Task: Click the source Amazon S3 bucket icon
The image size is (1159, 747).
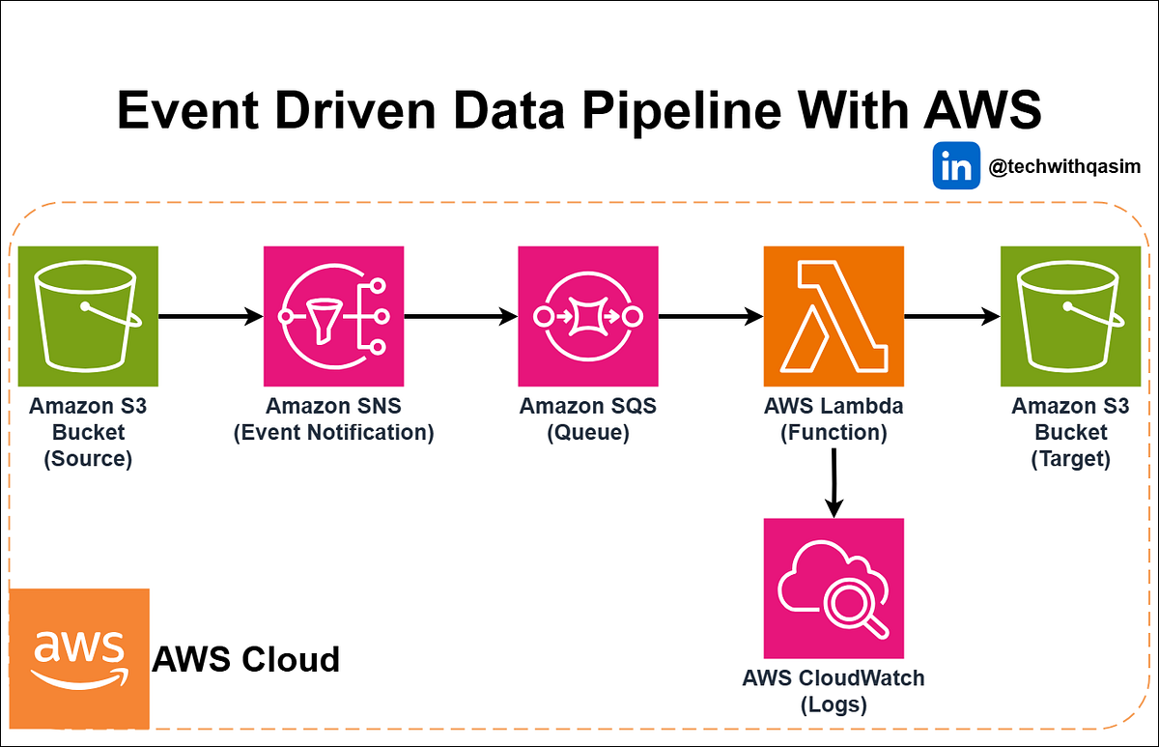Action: pyautogui.click(x=88, y=316)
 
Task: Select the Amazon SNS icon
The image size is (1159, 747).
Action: pyautogui.click(x=333, y=316)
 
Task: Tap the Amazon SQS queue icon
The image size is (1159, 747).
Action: pyautogui.click(x=587, y=316)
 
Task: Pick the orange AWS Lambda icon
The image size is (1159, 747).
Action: pyautogui.click(x=834, y=316)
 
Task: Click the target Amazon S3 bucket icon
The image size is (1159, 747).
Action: pyautogui.click(x=1070, y=316)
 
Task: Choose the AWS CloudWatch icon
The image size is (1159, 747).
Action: pyautogui.click(x=834, y=588)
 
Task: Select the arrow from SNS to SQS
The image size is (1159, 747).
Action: pyautogui.click(x=461, y=316)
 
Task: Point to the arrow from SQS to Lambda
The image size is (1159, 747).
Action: pyautogui.click(x=711, y=316)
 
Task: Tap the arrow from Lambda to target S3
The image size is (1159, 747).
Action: pyautogui.click(x=951, y=316)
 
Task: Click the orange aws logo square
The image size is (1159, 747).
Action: pyautogui.click(x=79, y=658)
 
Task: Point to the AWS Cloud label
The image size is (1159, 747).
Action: pyautogui.click(x=246, y=659)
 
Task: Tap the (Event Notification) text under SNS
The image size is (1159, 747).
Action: pyautogui.click(x=334, y=432)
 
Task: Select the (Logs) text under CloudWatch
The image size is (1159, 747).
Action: pyautogui.click(x=834, y=704)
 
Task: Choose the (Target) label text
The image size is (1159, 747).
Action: pyautogui.click(x=1070, y=458)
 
